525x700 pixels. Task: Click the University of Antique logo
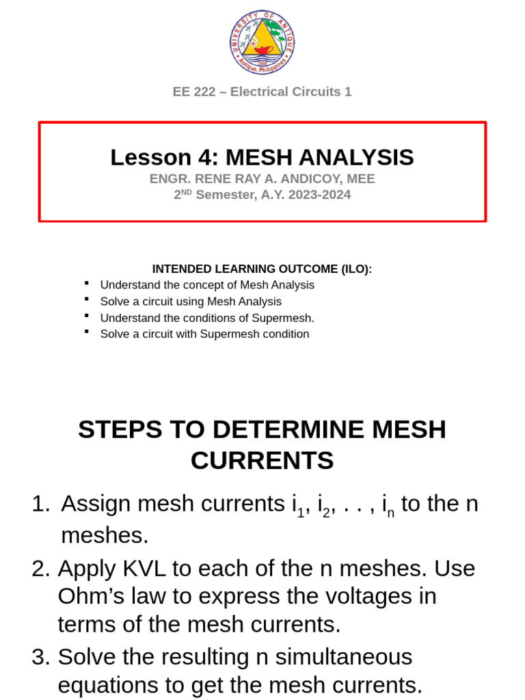(262, 42)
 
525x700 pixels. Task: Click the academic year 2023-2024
(321, 195)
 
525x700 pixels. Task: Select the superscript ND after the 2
(186, 192)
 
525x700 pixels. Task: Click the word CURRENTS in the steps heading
(262, 461)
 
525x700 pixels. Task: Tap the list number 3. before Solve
(41, 657)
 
